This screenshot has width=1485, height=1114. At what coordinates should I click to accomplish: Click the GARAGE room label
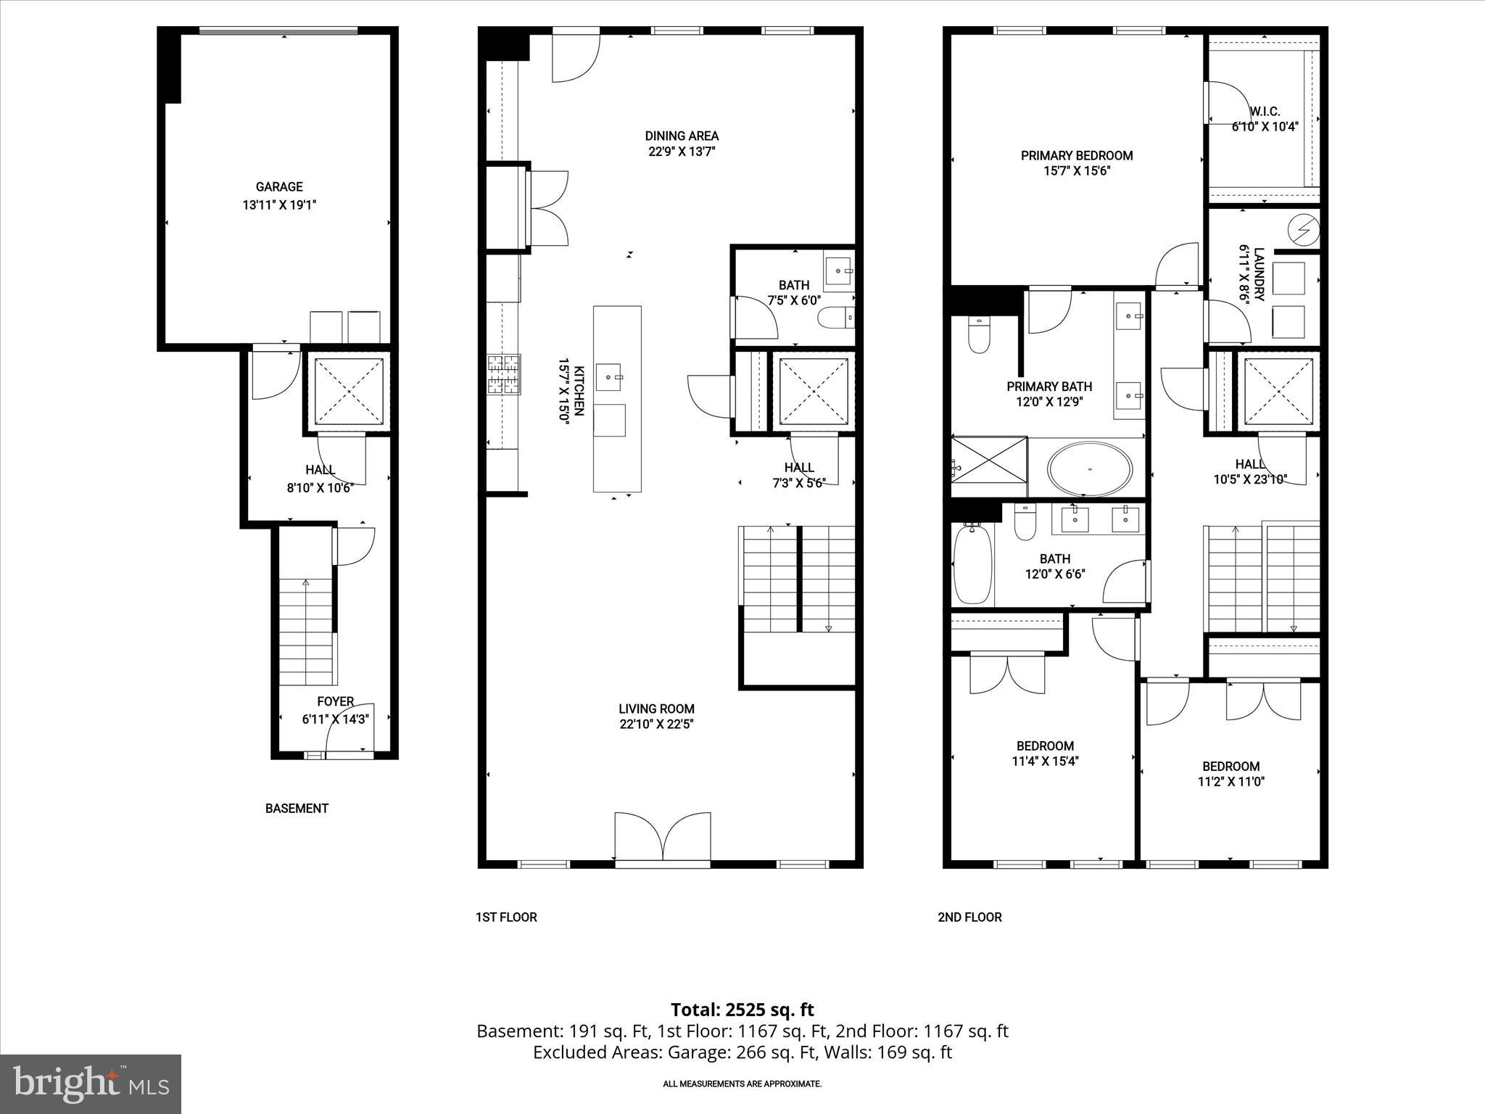[279, 187]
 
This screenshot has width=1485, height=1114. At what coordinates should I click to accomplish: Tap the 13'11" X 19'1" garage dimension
[279, 205]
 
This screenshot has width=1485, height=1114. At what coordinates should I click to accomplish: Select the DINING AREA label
[682, 136]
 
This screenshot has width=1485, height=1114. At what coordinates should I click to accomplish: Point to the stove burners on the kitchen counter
[503, 374]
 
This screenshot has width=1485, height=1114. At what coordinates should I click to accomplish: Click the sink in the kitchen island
[609, 377]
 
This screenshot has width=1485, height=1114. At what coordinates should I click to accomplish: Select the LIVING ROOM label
[656, 709]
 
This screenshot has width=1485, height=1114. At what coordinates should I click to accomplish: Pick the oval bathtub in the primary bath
[1090, 470]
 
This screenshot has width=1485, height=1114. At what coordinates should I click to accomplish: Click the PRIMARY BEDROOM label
[1077, 155]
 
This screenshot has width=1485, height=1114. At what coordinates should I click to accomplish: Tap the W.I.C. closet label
[1265, 112]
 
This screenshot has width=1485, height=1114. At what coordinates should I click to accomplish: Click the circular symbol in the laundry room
[1303, 231]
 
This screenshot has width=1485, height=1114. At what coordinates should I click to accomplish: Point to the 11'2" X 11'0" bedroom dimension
[1230, 782]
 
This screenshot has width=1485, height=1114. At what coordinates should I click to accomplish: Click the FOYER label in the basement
[335, 701]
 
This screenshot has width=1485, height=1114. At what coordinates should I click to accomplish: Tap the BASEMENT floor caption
[297, 808]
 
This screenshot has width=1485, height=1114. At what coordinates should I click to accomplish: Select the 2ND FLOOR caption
[969, 917]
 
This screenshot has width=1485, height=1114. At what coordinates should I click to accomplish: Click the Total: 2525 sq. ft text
[742, 1010]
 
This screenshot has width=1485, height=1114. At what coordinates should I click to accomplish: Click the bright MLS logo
[91, 1084]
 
